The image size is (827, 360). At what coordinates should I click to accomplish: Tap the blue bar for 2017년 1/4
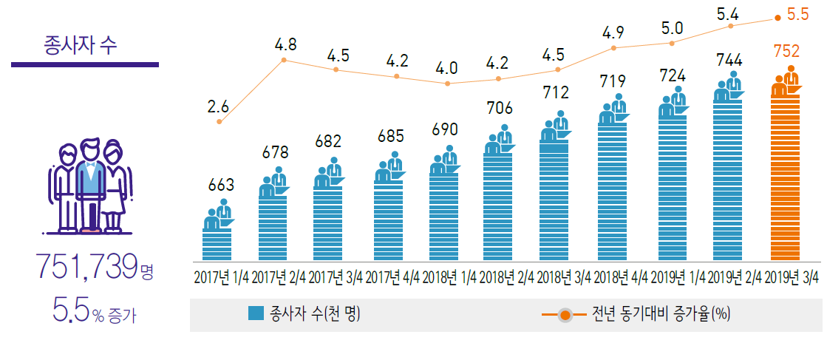click(x=217, y=244)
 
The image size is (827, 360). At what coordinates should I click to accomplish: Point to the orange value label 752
click(x=786, y=52)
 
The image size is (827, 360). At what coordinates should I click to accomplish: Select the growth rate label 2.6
click(x=218, y=106)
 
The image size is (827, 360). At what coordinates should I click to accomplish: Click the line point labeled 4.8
click(x=285, y=59)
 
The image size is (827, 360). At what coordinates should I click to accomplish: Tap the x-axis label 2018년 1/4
click(x=449, y=279)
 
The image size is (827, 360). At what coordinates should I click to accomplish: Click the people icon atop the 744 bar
click(x=728, y=87)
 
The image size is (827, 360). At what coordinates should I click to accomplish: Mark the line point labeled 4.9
click(x=613, y=48)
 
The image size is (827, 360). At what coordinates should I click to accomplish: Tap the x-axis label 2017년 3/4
click(x=336, y=279)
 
